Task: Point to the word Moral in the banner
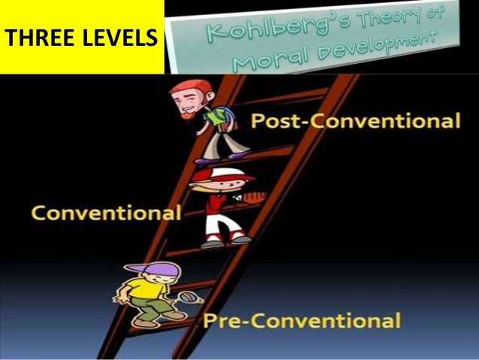[260, 63]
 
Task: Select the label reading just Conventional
[106, 213]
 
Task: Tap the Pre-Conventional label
[301, 322]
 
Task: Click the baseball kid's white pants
[220, 223]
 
